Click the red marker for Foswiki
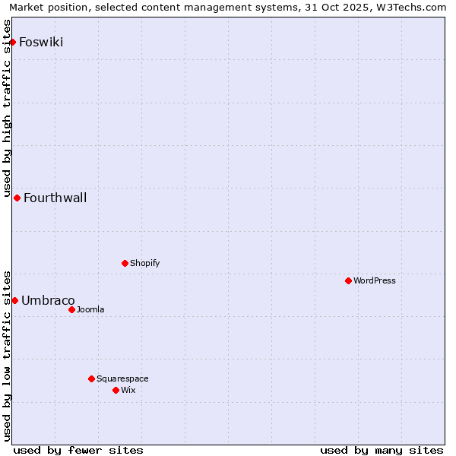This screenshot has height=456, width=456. coord(13,42)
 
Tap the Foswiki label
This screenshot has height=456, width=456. coord(41,42)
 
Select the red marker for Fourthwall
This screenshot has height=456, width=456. coord(17,198)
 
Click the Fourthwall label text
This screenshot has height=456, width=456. coord(55,198)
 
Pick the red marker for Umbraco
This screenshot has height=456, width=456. coord(14,300)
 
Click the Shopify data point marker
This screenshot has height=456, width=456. coord(125,263)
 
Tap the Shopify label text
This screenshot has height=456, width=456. coord(144,263)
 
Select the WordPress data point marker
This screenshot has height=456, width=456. coord(348,280)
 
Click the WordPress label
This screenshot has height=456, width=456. coord(374,280)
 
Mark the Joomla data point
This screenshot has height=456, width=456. coord(71,309)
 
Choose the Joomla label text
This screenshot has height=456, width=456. coord(90,309)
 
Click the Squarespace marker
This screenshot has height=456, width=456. coord(91,378)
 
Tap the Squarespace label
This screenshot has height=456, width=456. coord(122,378)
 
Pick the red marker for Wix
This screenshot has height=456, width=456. coord(116,390)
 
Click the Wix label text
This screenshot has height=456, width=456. coord(128,390)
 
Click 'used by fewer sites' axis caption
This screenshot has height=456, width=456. coord(78,450)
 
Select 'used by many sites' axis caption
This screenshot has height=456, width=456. coord(382,450)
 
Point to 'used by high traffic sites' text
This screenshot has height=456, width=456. coord(7,106)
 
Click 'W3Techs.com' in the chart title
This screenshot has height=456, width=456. coord(416,7)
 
